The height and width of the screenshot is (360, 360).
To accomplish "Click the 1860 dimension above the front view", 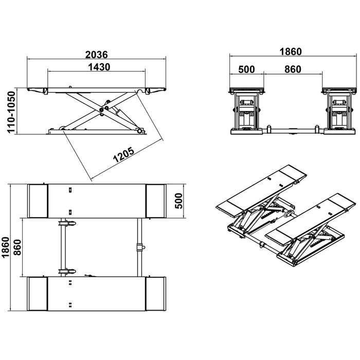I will pyautogui.click(x=290, y=52).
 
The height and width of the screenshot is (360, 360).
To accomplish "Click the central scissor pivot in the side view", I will pyautogui.click(x=101, y=109).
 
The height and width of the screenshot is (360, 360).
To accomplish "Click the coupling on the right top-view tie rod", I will pyautogui.click(x=138, y=247).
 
